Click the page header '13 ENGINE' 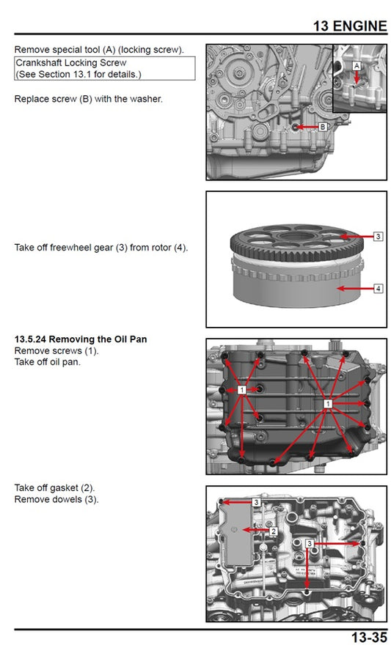tap(349, 26)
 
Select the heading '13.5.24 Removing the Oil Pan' tap(81, 340)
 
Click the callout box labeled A tap(357, 65)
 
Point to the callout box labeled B tap(323, 127)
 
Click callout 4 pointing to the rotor tap(378, 288)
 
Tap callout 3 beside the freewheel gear tap(378, 237)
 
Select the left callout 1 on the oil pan tap(241, 391)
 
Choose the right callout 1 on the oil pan tap(329, 404)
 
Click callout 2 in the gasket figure tap(274, 531)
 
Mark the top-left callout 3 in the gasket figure tap(256, 502)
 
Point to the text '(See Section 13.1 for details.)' tap(78, 74)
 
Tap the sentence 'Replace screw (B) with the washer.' tap(89, 99)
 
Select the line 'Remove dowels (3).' tap(56, 499)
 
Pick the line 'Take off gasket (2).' tap(55, 488)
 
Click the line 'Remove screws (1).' tap(56, 351)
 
